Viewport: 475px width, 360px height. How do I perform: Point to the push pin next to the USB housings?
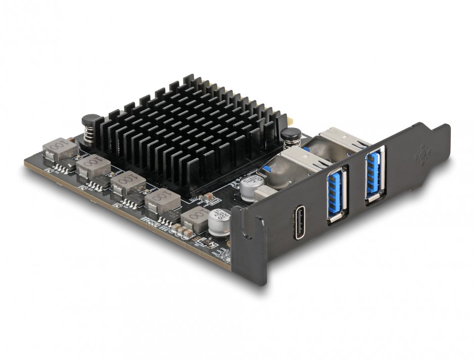[x=291, y=138]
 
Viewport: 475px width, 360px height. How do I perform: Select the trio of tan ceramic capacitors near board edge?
[x=184, y=234]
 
